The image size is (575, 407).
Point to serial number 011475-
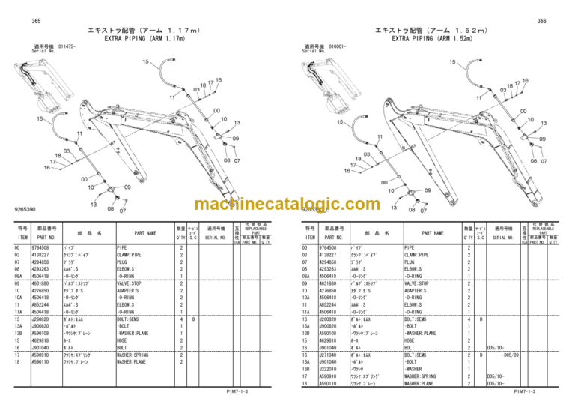coord(67,46)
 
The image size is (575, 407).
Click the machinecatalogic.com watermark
coord(287,204)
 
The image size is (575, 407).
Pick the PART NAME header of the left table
coord(145,233)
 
